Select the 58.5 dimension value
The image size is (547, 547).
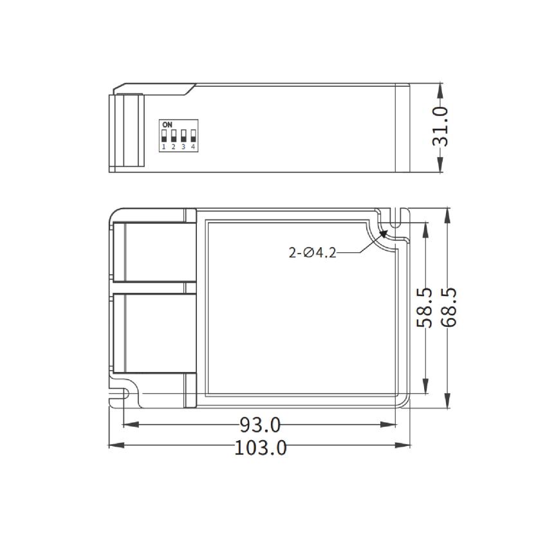(x=425, y=308)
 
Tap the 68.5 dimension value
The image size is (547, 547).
(x=449, y=308)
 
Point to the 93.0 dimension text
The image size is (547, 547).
(x=260, y=425)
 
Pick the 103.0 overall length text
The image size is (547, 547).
(x=260, y=447)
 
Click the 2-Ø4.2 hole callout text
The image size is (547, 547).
(x=312, y=253)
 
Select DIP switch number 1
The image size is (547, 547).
(x=164, y=136)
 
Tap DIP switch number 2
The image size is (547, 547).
(x=174, y=136)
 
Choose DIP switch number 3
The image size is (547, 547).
(x=183, y=136)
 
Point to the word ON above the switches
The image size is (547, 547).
(x=167, y=125)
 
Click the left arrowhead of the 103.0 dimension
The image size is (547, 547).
(x=113, y=445)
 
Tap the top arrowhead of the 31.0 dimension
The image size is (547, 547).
(x=441, y=87)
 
